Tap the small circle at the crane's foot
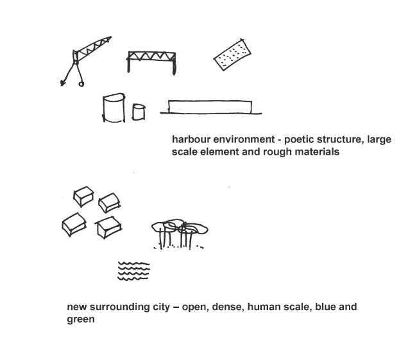coord(81,84)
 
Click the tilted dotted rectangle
coord(232,55)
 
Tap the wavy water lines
coord(133,271)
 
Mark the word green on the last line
coord(81,320)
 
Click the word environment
coord(244,139)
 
